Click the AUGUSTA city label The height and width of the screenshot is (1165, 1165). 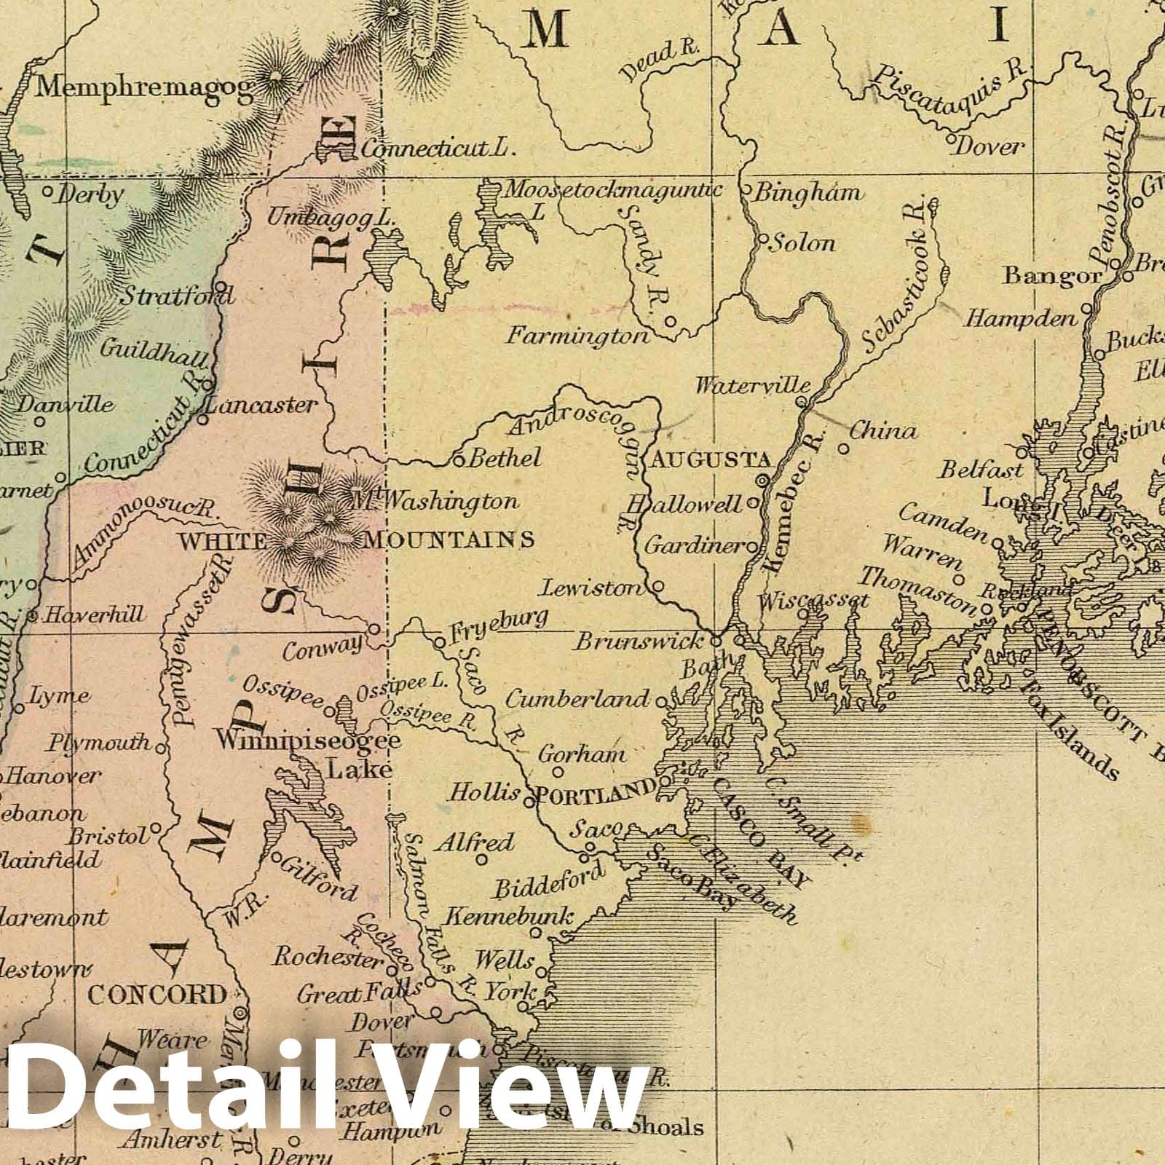(710, 459)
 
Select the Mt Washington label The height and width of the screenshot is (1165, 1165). (435, 501)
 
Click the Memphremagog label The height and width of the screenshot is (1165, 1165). (145, 88)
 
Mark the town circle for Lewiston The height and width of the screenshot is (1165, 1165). (657, 585)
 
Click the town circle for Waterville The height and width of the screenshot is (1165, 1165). (801, 401)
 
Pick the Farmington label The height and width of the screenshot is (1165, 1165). (577, 336)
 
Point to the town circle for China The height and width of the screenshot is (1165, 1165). (844, 449)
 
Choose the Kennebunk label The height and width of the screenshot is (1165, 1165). (509, 916)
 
